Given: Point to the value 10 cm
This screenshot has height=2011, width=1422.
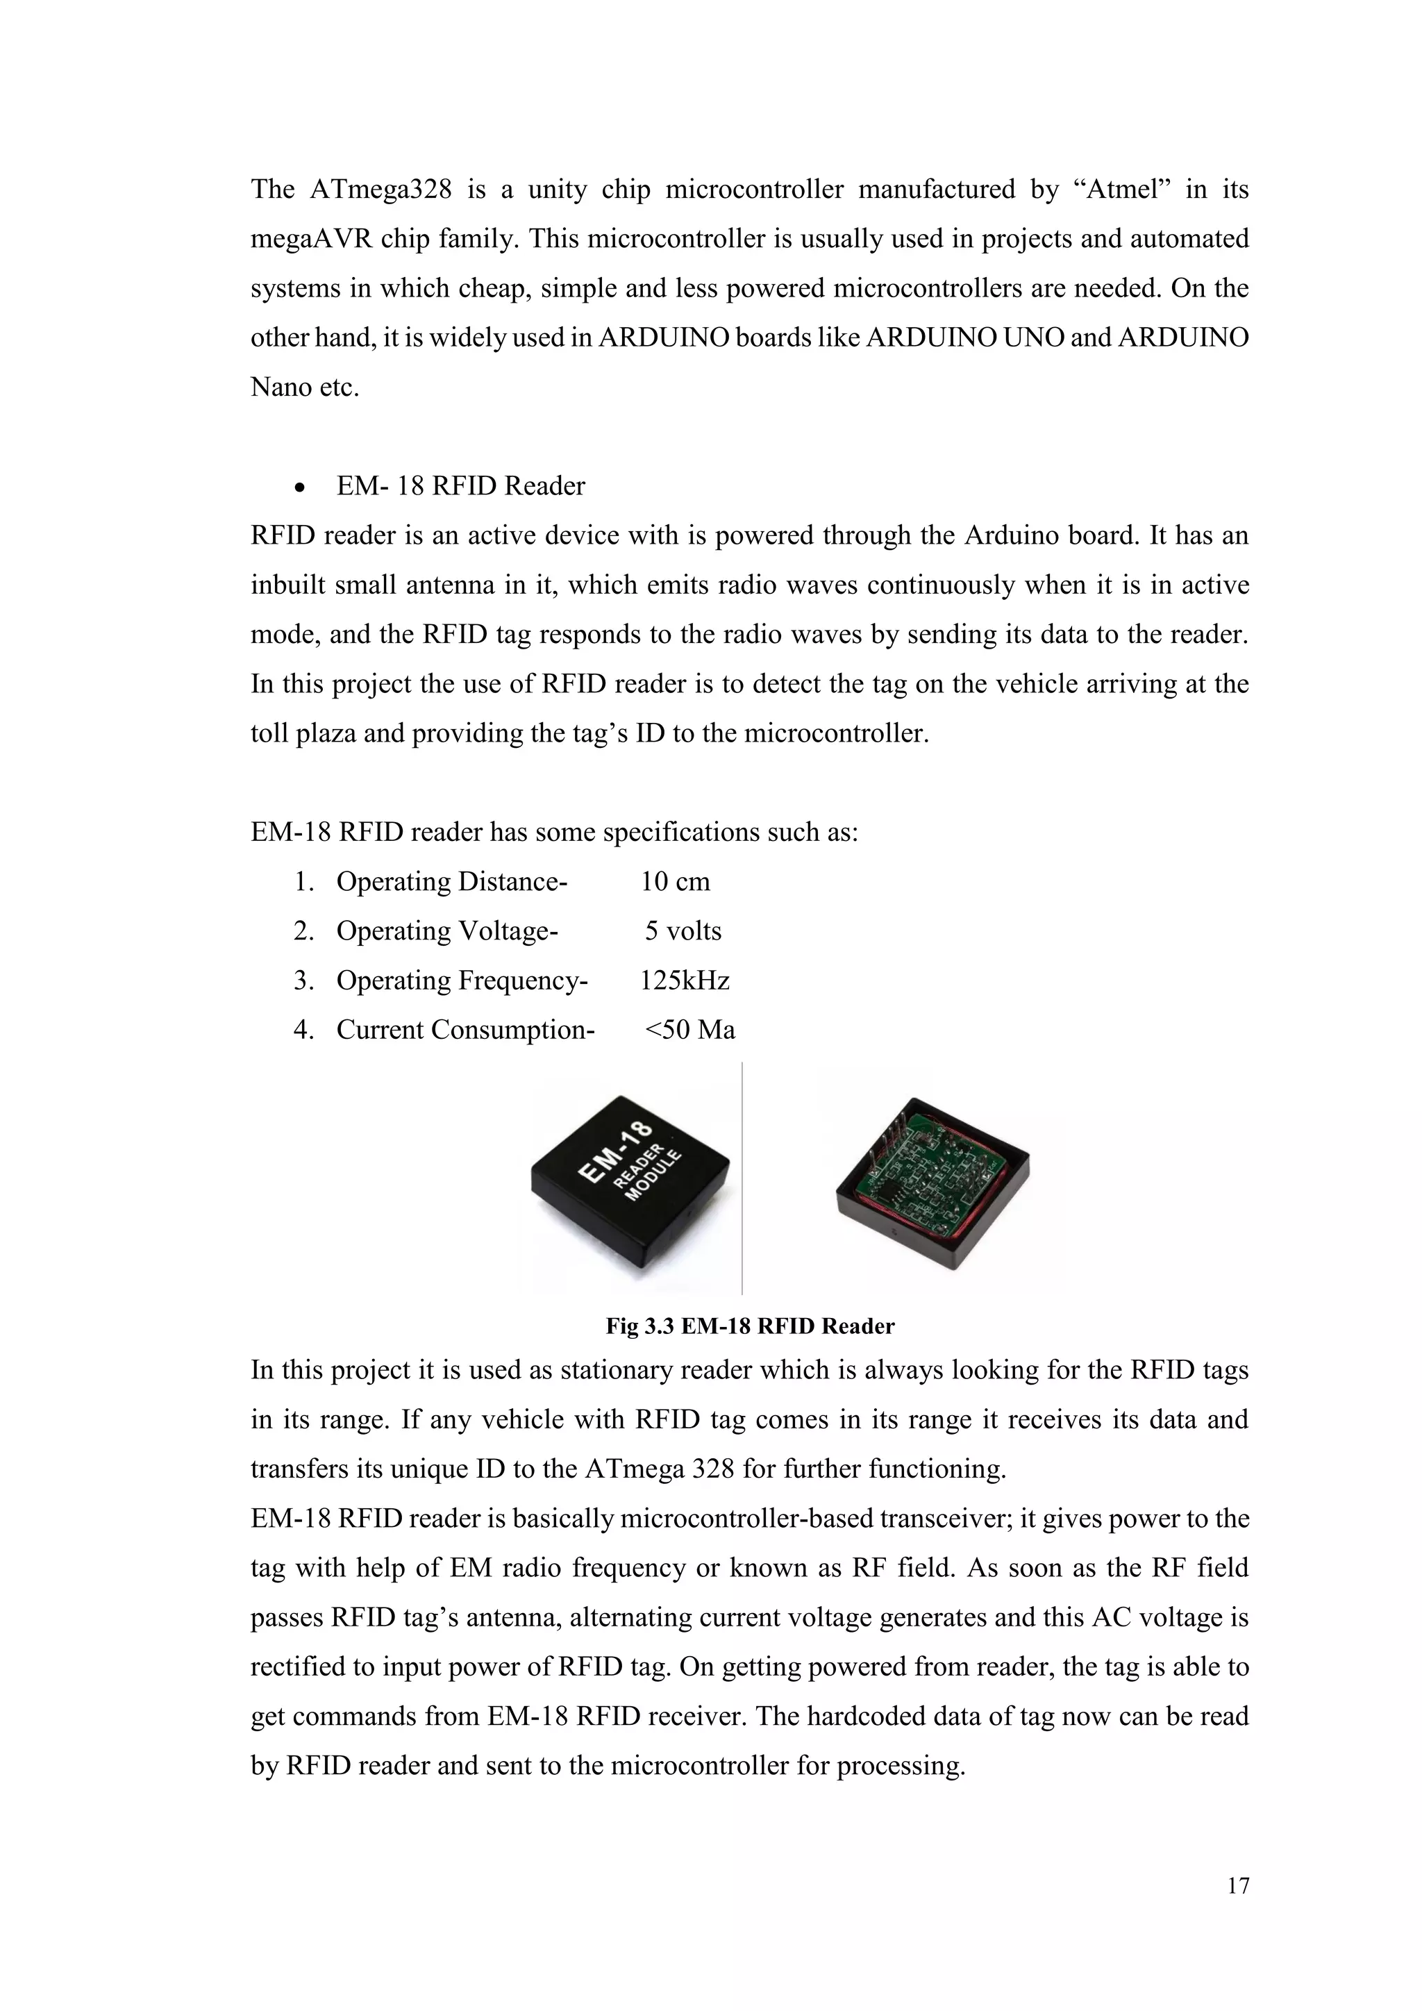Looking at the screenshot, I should [x=675, y=881].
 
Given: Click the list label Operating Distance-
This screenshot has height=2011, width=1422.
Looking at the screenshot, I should [x=452, y=881].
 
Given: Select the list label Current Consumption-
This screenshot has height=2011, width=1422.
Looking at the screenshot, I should [x=466, y=1029].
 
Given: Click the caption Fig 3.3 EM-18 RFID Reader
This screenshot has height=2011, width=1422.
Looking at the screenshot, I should [x=749, y=1326].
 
